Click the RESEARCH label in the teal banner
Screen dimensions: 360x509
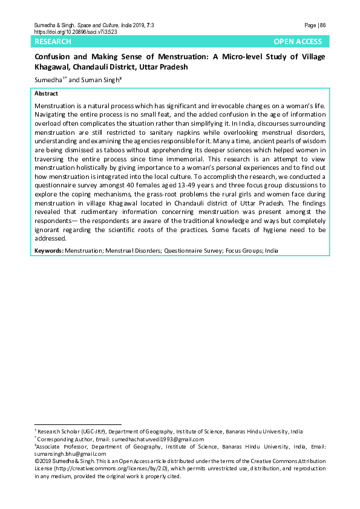point(53,42)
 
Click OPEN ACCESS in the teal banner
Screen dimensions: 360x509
point(298,42)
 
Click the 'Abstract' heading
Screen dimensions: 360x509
point(47,94)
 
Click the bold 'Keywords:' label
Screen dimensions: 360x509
point(49,250)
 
